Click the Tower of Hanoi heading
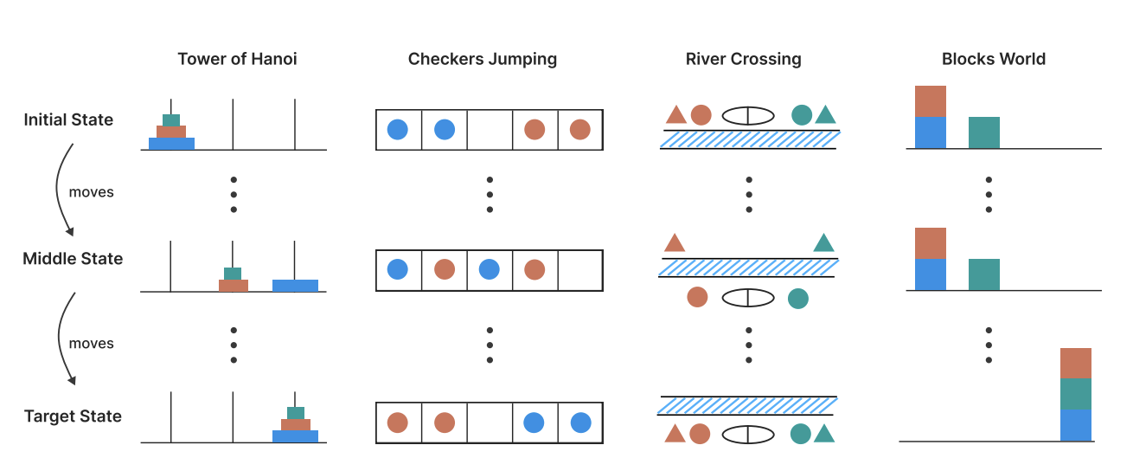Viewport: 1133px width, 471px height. click(x=237, y=60)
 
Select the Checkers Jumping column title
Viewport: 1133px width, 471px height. click(x=483, y=60)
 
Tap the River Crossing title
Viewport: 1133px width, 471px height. click(x=743, y=60)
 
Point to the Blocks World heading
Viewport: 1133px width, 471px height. click(x=993, y=60)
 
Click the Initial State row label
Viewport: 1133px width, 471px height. click(x=68, y=119)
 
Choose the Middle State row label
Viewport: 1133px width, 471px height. click(x=73, y=258)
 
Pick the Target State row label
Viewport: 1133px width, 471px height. click(x=73, y=416)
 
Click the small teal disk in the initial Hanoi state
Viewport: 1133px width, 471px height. click(x=171, y=119)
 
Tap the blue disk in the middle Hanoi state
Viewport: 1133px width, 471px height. click(x=295, y=285)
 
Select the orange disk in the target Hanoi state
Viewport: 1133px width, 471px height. click(x=295, y=424)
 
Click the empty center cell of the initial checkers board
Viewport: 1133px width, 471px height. click(x=490, y=130)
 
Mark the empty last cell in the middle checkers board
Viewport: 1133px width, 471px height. click(x=579, y=270)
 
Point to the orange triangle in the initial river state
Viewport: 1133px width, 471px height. click(x=676, y=115)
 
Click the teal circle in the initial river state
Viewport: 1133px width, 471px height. click(x=802, y=114)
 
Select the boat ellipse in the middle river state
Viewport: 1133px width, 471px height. click(x=747, y=298)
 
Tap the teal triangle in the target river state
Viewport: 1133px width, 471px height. click(x=824, y=434)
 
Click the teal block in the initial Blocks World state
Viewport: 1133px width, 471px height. click(x=984, y=132)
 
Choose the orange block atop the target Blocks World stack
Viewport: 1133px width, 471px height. click(x=1076, y=364)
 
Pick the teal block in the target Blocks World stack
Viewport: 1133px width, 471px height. click(x=1076, y=395)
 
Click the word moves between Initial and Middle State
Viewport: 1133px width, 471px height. click(x=91, y=192)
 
